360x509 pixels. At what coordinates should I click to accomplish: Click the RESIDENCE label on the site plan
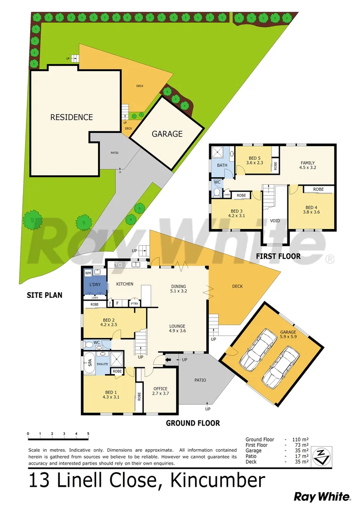pos(72,117)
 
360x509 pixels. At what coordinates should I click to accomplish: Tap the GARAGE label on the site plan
pos(167,134)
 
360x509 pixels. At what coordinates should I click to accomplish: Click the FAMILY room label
pos(308,163)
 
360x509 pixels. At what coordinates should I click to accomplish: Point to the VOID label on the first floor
pos(275,221)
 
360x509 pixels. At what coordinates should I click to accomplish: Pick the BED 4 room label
pos(311,207)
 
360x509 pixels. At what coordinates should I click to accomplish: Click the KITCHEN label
pos(125,284)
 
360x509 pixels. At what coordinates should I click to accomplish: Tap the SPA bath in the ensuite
pos(89,363)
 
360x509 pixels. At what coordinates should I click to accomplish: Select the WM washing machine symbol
pos(88,273)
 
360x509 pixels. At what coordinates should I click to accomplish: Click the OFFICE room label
pos(160,389)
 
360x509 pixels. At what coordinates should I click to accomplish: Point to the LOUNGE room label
pos(177,326)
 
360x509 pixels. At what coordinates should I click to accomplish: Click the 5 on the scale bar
pos(88,434)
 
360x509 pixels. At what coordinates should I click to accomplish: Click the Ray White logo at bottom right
pos(322,496)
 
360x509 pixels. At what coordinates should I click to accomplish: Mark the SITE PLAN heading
pos(45,296)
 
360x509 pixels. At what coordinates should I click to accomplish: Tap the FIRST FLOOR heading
pos(278,256)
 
